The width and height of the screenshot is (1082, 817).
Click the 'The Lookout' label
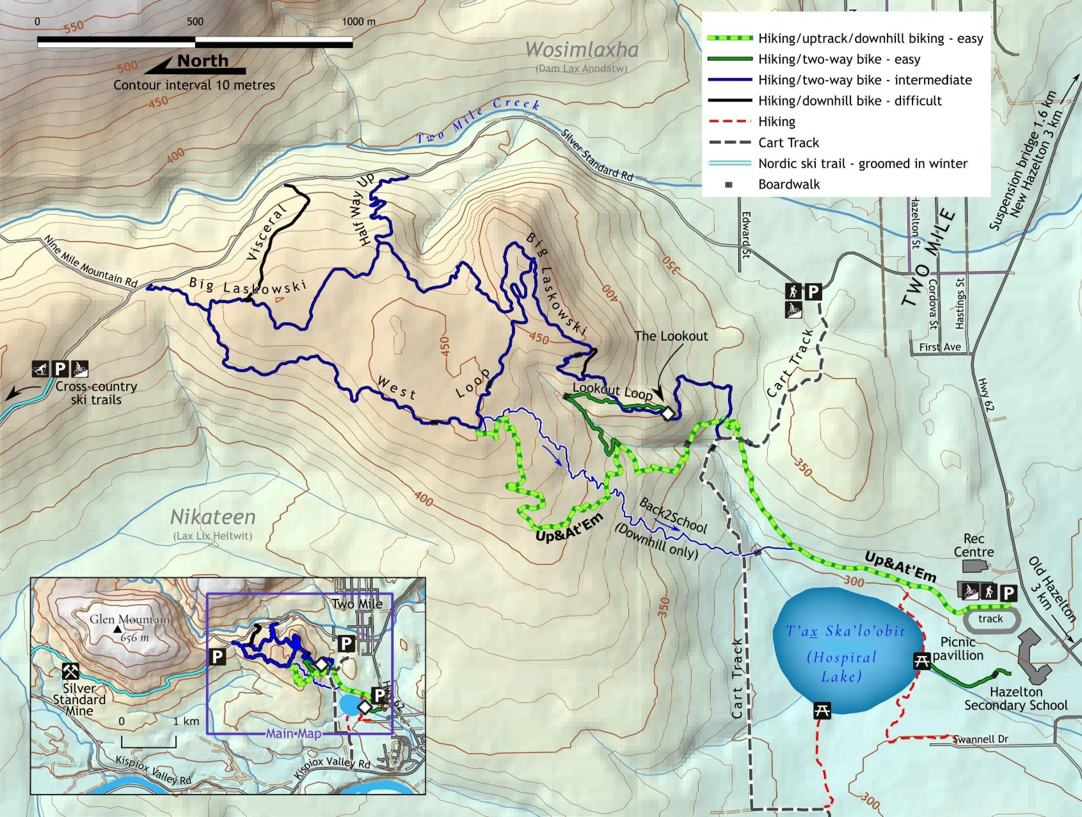click(671, 336)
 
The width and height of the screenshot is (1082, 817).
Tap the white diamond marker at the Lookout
click(668, 413)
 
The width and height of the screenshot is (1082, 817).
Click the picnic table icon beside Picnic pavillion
click(922, 661)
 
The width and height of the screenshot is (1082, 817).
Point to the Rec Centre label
click(973, 545)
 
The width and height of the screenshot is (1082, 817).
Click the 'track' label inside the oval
click(991, 618)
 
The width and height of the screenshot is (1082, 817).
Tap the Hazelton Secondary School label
click(1016, 698)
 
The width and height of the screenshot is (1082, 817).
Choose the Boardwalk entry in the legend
click(789, 184)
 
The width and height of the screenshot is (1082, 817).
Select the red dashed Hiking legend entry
click(777, 121)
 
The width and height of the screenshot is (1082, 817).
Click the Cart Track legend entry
click(789, 143)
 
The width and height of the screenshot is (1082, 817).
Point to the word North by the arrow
click(203, 61)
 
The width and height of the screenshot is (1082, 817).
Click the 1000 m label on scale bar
click(358, 22)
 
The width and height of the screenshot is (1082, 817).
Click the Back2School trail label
click(673, 516)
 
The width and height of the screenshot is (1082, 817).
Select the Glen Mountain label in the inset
click(130, 619)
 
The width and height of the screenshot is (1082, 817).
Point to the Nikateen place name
click(213, 517)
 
